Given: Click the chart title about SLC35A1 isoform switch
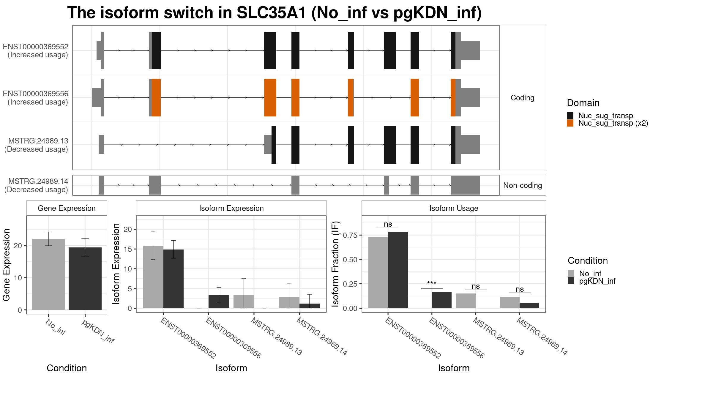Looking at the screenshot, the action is tap(275, 13).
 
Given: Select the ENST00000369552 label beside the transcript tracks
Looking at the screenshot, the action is tap(36, 47).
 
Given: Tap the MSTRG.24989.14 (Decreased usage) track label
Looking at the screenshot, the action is tap(36, 185).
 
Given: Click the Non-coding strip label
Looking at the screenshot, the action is tap(523, 185).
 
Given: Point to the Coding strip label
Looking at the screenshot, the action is tap(522, 98).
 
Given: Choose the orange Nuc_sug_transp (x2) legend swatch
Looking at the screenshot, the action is tap(570, 123).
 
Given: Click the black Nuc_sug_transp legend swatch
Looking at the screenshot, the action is tap(570, 116).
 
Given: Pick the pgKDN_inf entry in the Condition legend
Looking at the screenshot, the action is tap(597, 281).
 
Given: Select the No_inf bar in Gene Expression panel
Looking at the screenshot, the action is tap(48, 274).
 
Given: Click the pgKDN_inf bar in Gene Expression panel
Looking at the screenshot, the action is tap(85, 279).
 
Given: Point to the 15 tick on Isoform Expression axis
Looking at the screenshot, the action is tap(128, 249).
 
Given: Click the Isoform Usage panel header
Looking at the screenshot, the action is tap(454, 208).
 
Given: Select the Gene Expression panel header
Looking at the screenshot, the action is tap(67, 208).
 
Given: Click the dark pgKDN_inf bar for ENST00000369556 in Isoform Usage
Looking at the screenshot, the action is tap(442, 300).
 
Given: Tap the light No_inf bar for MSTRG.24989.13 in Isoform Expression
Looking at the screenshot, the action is tap(244, 301).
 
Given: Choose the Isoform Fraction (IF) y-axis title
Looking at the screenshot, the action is tap(335, 264).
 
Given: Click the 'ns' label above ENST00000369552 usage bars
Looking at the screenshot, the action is tap(388, 224).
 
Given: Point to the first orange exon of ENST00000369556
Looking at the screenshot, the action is tap(156, 97).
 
